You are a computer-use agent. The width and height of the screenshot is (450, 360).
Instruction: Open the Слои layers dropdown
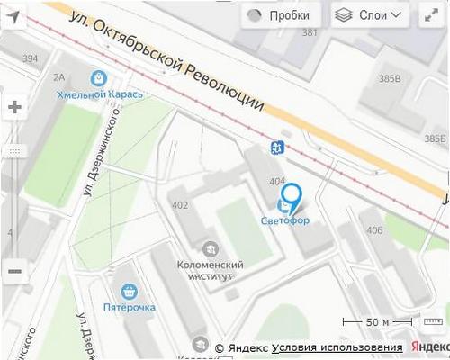coord(370,15)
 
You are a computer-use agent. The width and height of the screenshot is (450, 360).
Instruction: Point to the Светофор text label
coord(284,220)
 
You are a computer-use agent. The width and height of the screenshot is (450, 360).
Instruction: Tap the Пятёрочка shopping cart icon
coord(129,292)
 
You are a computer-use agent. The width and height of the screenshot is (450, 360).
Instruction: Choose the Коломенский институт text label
coord(209,270)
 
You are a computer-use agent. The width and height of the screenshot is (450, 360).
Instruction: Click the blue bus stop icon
coord(274,148)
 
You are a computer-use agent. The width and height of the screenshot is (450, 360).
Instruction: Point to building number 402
coord(180,205)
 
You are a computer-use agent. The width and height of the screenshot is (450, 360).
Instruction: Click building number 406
coord(374,231)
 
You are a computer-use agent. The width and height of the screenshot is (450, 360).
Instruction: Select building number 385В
coord(390,78)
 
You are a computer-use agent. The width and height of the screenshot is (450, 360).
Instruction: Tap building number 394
coord(31,58)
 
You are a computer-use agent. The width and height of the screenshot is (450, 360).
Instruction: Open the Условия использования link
coord(337,347)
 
